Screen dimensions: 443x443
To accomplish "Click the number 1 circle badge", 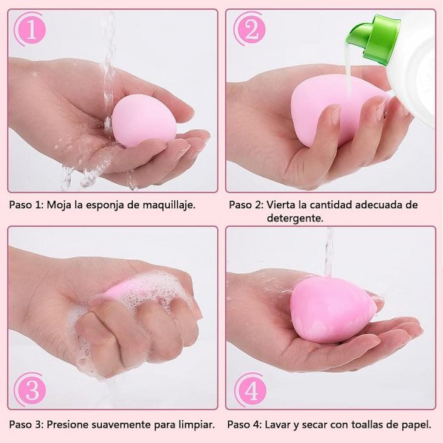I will [x=30, y=30].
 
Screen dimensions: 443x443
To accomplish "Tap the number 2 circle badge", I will [x=250, y=30].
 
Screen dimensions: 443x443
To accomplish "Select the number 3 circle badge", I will [x=30, y=389].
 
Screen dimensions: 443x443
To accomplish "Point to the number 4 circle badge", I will [x=250, y=389].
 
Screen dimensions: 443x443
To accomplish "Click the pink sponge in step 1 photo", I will [x=142, y=120].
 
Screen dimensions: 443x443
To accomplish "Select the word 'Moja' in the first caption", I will [x=61, y=205].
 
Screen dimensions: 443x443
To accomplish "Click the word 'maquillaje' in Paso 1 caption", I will [x=170, y=205].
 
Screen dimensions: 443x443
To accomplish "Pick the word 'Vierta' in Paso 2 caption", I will [x=281, y=205].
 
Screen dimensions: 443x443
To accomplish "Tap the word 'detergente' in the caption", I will [x=295, y=218].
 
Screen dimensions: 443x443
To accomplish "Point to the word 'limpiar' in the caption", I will [x=195, y=425].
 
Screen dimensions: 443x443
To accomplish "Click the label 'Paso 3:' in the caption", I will [x=26, y=425].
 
